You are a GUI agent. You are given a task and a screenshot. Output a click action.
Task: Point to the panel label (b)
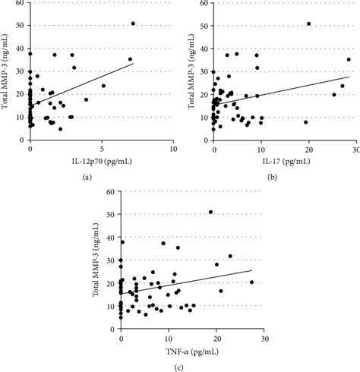pyautogui.click(x=270, y=176)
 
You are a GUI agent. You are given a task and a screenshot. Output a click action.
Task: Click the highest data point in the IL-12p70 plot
pyautogui.click(x=133, y=24)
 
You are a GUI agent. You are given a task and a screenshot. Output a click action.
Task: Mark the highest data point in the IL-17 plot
pyautogui.click(x=309, y=24)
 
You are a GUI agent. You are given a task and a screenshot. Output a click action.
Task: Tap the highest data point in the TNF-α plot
pyautogui.click(x=211, y=212)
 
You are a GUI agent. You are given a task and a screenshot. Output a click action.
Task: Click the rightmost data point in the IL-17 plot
pyautogui.click(x=349, y=59)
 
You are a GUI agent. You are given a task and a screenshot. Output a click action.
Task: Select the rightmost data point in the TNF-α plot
pyautogui.click(x=252, y=282)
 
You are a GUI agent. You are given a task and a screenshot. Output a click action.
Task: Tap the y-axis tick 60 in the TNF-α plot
pyautogui.click(x=111, y=192)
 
